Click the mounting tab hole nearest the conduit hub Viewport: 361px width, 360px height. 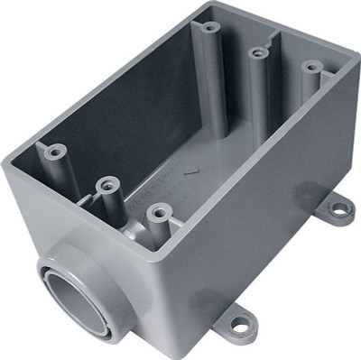point(240,321)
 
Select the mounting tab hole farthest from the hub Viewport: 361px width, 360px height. point(339,209)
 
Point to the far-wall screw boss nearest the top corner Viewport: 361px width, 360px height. point(209,27)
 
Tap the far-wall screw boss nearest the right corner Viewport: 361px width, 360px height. point(311,67)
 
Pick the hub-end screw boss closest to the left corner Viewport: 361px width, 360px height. point(54,151)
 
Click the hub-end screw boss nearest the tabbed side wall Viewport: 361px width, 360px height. point(159,212)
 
